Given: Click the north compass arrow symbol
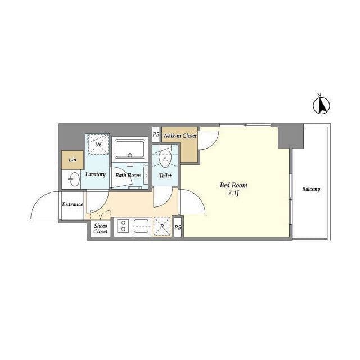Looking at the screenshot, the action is pyautogui.click(x=321, y=105).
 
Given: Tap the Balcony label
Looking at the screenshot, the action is pyautogui.click(x=311, y=190).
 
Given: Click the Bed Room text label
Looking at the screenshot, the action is pyautogui.click(x=233, y=185).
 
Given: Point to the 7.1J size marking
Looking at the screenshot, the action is pyautogui.click(x=233, y=193).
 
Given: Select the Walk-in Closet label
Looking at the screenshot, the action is pyautogui.click(x=180, y=136).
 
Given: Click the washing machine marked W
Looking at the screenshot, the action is pyautogui.click(x=97, y=145).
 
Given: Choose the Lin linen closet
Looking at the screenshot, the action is pyautogui.click(x=73, y=160).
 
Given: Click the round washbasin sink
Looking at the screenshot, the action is pyautogui.click(x=74, y=179).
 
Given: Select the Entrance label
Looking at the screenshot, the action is pyautogui.click(x=73, y=204).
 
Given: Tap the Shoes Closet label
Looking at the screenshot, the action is pyautogui.click(x=101, y=229).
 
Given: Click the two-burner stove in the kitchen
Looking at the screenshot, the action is pyautogui.click(x=123, y=226).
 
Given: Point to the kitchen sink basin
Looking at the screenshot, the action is pyautogui.click(x=142, y=226).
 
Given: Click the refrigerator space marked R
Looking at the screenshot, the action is pyautogui.click(x=162, y=226).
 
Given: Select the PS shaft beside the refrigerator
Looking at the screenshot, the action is pyautogui.click(x=178, y=227).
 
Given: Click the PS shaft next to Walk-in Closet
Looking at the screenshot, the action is pyautogui.click(x=156, y=134).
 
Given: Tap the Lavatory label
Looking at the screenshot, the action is pyautogui.click(x=96, y=174).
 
